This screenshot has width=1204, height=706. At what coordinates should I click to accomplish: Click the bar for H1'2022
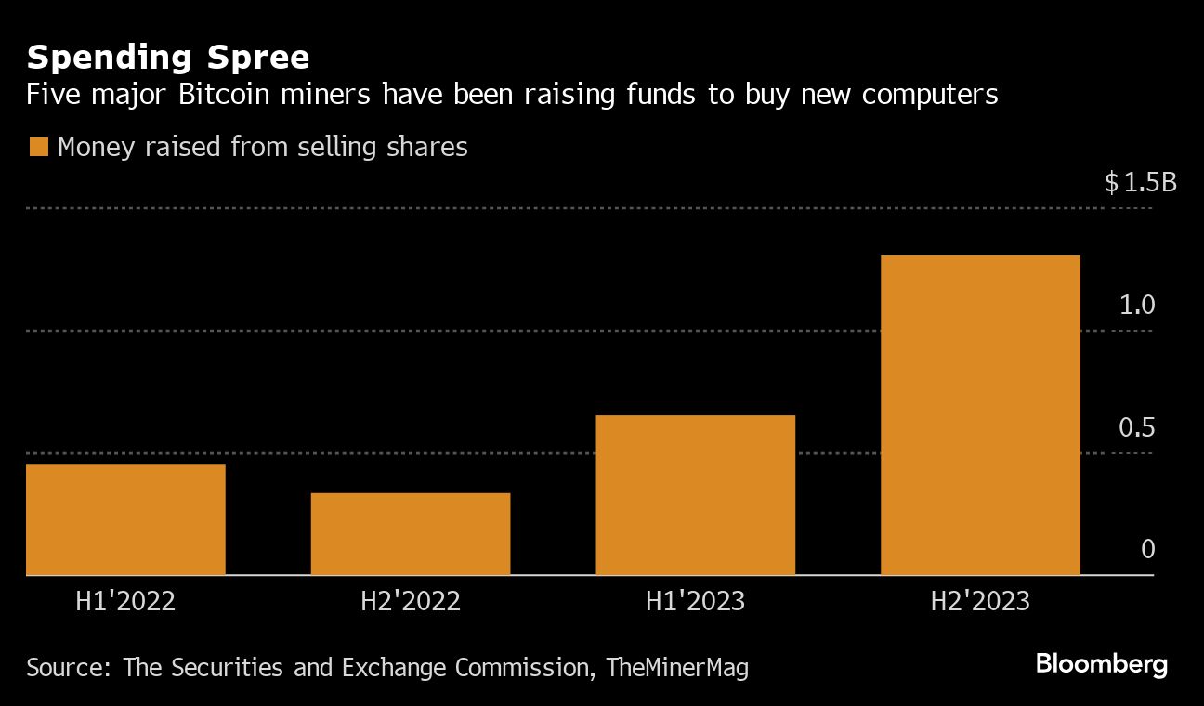pos(125,520)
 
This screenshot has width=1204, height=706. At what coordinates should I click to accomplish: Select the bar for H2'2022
pos(411,534)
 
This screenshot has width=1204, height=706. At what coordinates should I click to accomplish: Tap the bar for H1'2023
pos(695,495)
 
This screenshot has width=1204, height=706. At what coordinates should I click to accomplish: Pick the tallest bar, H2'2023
pos(980,415)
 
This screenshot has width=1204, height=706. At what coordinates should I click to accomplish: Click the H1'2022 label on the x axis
pos(125,601)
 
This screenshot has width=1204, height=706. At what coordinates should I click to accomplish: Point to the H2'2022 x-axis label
pos(411,601)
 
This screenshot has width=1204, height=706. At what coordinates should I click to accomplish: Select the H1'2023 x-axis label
pos(695,601)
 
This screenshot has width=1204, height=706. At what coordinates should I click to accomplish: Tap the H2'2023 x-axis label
pos(980,601)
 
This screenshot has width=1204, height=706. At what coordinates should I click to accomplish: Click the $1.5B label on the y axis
pos(1140,182)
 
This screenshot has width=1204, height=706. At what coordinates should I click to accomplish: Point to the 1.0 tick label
pos(1136,305)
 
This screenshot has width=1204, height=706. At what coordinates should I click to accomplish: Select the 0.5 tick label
pos(1136,427)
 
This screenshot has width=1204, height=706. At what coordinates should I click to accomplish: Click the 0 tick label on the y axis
pos(1147,549)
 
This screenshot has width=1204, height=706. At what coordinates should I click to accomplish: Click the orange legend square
pos(38,147)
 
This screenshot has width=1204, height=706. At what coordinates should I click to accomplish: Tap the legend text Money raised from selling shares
pos(262,147)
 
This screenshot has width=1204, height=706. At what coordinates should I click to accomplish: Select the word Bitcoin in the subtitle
pos(213,95)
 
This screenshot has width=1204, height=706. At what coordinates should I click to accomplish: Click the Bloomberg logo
pos(1101,664)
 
